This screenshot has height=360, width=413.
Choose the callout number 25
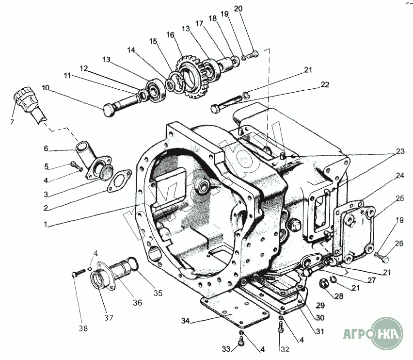point(399,198)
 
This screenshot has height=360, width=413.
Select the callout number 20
point(238,9)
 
